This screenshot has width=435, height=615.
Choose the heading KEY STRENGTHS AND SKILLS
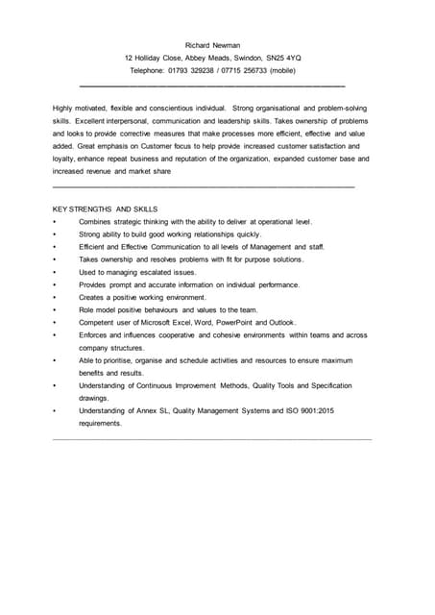coord(105,209)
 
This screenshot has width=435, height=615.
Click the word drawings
coord(94,398)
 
